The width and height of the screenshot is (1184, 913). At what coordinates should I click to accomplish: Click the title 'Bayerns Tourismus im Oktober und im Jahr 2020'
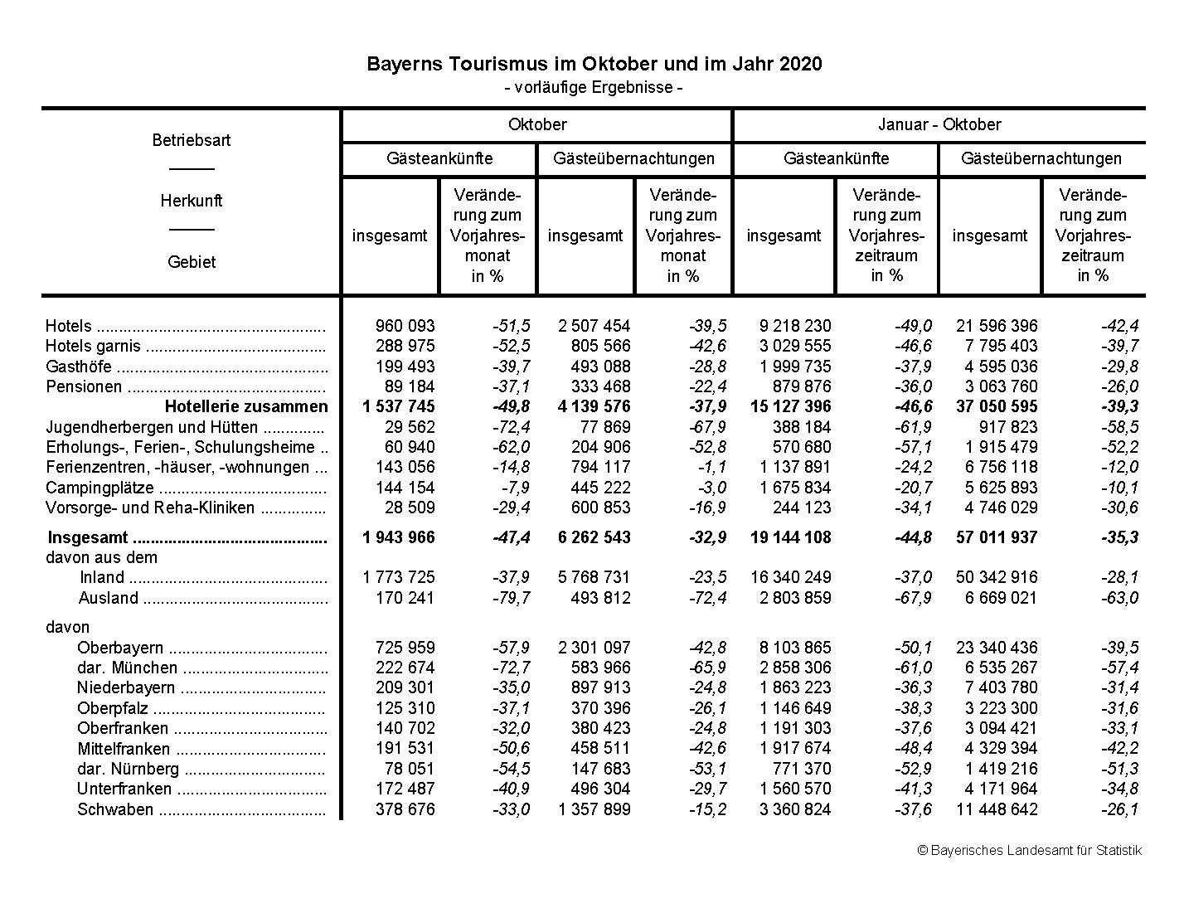594,64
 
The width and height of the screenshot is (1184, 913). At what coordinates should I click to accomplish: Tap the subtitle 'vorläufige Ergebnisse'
594,87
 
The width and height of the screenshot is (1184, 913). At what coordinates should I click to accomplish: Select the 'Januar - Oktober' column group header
939,125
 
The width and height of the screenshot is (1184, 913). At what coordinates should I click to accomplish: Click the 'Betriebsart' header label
192,140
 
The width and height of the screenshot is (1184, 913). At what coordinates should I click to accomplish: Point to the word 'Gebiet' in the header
192,262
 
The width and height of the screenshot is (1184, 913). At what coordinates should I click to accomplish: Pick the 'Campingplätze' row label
99,488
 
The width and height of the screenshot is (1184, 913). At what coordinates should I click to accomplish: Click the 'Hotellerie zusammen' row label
246,406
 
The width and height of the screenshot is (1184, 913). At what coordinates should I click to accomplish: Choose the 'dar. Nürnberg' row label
128,769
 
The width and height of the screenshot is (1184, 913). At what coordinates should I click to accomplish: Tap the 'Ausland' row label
109,598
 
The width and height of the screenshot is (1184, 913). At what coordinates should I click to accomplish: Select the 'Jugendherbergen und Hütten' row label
152,427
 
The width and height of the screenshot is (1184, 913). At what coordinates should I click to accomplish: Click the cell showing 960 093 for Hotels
405,326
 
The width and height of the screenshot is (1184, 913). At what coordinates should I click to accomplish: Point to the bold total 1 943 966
399,537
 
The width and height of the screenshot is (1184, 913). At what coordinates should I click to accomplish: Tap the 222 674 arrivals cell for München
405,668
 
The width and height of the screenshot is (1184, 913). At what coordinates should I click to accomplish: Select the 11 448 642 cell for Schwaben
996,809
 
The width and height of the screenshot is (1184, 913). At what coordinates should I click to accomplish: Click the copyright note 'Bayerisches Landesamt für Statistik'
1029,850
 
